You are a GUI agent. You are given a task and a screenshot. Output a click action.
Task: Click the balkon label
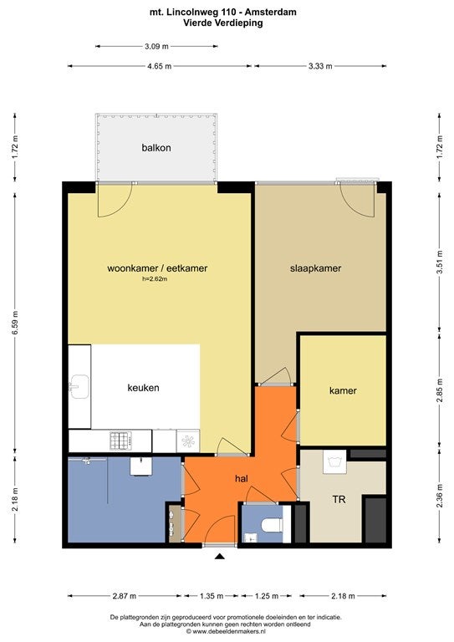pos(156,148)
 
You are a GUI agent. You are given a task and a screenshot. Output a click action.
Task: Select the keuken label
pos(143,388)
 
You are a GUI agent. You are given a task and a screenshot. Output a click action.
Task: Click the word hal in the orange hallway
pos(242,478)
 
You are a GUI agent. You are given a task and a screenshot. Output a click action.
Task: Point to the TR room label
pos(339,500)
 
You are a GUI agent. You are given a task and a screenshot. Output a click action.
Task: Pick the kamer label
pos(343,390)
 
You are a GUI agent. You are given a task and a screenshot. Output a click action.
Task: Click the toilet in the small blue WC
pos(272,524)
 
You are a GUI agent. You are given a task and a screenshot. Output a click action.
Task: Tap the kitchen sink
pos(79,387)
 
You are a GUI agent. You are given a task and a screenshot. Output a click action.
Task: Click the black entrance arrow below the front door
pos(220,556)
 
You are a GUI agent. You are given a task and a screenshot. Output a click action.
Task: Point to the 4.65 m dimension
pos(160,66)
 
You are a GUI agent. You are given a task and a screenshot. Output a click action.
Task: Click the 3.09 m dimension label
pos(156,46)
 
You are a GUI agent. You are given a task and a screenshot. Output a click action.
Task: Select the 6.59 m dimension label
pos(15,323)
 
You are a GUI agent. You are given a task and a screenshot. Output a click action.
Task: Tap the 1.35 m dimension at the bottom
pos(212,596)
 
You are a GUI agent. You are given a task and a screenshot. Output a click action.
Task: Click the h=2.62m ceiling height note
pos(155,279)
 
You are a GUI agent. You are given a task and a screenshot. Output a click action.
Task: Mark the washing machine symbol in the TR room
pos(335,461)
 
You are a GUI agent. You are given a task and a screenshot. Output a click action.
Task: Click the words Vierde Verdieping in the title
pos(223,23)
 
